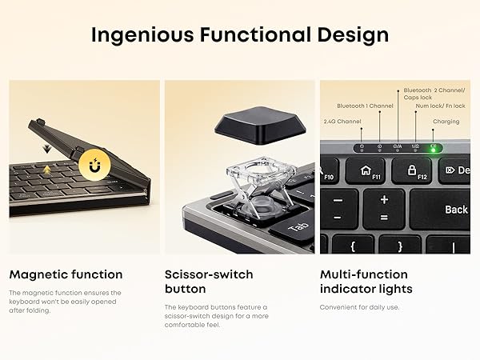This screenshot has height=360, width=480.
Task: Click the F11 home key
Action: [369, 170]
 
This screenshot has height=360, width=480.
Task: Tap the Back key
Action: [455, 210]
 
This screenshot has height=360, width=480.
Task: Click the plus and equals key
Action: [384, 207]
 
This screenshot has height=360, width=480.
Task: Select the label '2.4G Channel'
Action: [342, 121]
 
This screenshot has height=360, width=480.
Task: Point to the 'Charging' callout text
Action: [446, 122]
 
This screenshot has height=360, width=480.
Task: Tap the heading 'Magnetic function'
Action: [66, 274]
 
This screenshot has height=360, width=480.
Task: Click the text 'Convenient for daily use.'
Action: [360, 307]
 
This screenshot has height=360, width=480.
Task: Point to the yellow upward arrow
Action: [48, 168]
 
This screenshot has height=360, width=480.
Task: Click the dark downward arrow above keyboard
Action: [47, 150]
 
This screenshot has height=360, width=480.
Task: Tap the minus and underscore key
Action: [338, 207]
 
